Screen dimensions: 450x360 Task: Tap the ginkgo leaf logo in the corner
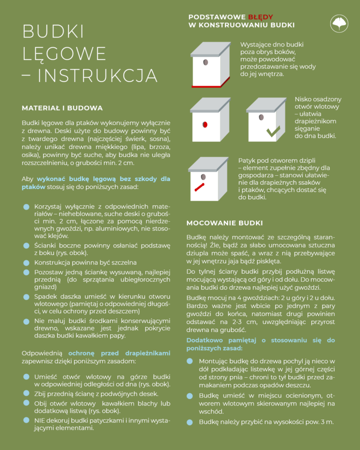339,23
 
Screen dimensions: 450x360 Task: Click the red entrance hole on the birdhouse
205,125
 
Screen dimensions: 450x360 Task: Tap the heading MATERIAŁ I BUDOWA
62,108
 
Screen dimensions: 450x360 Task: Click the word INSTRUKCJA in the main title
97,75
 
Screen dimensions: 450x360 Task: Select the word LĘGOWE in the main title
64,53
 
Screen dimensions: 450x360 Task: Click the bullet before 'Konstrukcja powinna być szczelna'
26,262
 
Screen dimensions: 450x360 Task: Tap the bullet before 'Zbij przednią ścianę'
26,393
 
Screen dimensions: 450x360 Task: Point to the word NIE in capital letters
39,420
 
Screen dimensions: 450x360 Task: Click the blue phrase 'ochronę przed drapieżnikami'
119,352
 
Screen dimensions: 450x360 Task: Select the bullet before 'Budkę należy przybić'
189,422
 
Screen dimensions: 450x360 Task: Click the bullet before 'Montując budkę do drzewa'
189,361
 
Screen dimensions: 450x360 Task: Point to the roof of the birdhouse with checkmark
266,105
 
